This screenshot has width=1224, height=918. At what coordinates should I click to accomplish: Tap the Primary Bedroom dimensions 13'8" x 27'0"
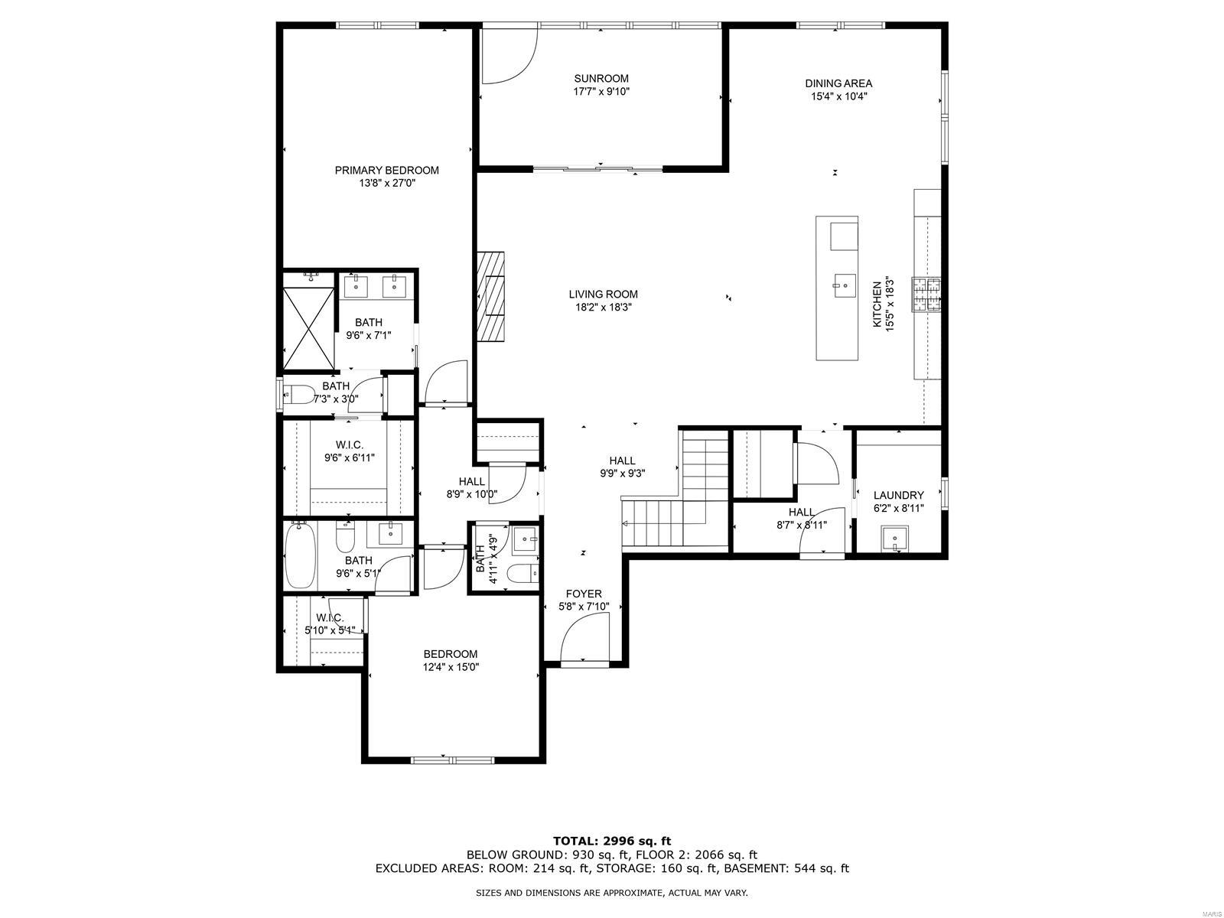coord(387,183)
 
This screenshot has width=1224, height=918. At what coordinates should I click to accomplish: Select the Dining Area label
coord(838,83)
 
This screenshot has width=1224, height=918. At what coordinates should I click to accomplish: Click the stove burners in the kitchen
coord(926,295)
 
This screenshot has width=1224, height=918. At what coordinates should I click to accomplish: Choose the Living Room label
coord(603,295)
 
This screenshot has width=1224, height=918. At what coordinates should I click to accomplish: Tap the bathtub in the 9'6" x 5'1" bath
coord(301,555)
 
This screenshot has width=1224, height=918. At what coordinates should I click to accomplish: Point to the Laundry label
coord(898,495)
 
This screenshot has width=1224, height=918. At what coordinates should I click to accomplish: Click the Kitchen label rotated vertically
coord(877,304)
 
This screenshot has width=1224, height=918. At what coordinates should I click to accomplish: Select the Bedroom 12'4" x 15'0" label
coord(451,654)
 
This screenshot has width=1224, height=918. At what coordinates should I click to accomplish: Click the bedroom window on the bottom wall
coord(452,760)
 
